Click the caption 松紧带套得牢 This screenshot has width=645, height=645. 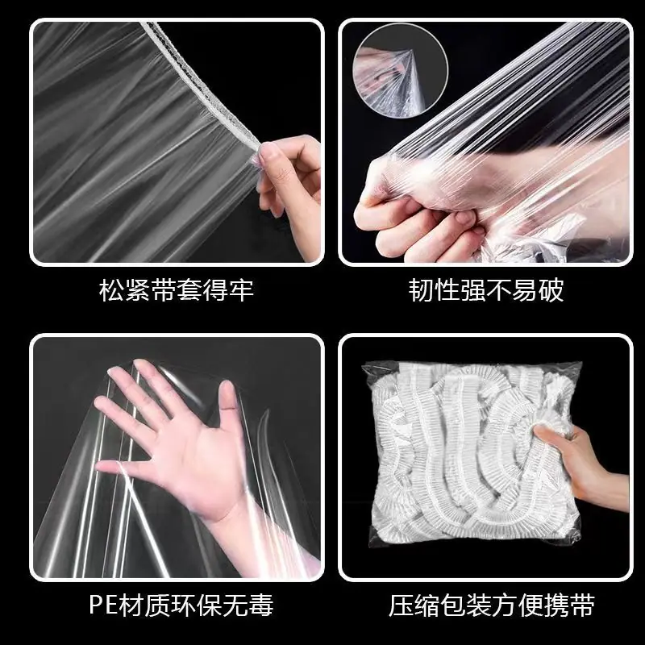[177, 290]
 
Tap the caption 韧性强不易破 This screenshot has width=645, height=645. [486, 290]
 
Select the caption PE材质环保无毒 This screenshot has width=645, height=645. [181, 605]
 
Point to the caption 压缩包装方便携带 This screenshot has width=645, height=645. [492, 605]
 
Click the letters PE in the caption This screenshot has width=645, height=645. [103, 605]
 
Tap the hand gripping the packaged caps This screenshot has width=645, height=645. [580, 465]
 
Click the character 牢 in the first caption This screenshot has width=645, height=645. [241, 290]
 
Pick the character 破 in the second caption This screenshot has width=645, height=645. [551, 290]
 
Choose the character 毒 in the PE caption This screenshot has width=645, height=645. [261, 605]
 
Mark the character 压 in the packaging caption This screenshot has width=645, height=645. [402, 605]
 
